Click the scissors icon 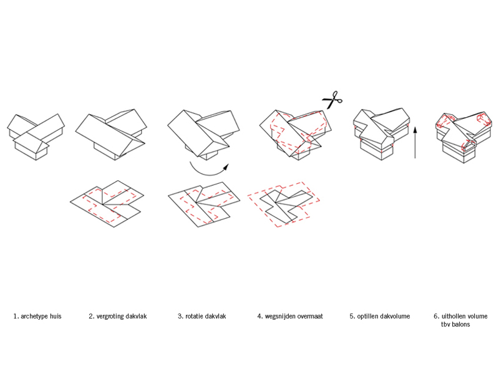click(x=332, y=100)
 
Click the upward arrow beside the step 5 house click(x=415, y=143)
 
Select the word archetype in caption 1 click(x=34, y=317)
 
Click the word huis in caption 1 click(x=56, y=316)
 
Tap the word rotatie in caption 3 click(x=194, y=316)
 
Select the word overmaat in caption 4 click(x=310, y=316)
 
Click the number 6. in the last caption click(x=436, y=316)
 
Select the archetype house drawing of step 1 click(x=36, y=137)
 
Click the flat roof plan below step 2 click(x=107, y=204)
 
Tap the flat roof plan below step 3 click(x=204, y=204)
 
